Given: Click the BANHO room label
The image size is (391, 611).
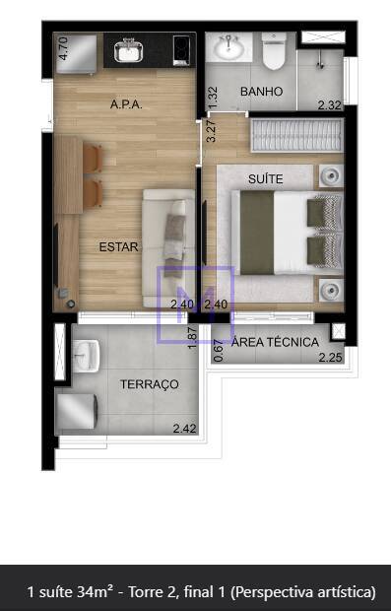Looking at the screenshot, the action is click(x=261, y=92).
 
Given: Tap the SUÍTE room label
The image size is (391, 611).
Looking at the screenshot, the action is click(x=266, y=178).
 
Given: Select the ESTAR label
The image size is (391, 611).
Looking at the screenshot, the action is click(x=118, y=246).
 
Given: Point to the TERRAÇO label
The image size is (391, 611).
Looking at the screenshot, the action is click(x=149, y=384).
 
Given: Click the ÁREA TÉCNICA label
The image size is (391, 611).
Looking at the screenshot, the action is click(x=275, y=342).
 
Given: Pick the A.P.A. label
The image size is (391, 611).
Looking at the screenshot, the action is click(x=126, y=104).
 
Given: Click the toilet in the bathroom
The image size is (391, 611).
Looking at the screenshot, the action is click(x=274, y=50).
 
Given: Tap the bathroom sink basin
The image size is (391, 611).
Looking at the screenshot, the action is click(x=229, y=47).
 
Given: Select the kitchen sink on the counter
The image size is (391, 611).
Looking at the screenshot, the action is click(x=128, y=50).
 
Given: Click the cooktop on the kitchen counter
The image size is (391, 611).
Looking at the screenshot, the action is click(x=181, y=50).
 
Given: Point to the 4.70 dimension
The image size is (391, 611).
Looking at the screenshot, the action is click(x=64, y=48).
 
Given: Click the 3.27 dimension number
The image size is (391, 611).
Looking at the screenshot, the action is click(x=211, y=132).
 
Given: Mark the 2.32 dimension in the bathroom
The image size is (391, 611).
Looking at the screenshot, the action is click(x=330, y=104).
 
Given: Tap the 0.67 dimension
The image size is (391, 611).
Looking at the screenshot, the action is click(x=219, y=351).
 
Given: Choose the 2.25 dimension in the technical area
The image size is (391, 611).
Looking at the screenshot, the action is click(x=331, y=357).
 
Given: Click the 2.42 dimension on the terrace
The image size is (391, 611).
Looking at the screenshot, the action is click(x=184, y=429).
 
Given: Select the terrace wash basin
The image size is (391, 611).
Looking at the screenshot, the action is click(x=86, y=356).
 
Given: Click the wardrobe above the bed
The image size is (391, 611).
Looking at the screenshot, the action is click(x=296, y=135).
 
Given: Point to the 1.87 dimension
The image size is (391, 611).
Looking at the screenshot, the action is click(x=193, y=337).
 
